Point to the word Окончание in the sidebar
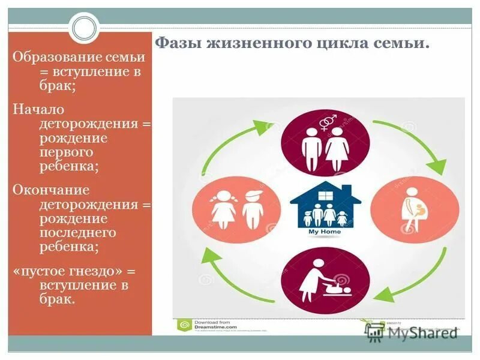coord(51,190)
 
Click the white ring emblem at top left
coord(83,27)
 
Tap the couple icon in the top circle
coord(325,147)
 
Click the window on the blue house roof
coord(325,196)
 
